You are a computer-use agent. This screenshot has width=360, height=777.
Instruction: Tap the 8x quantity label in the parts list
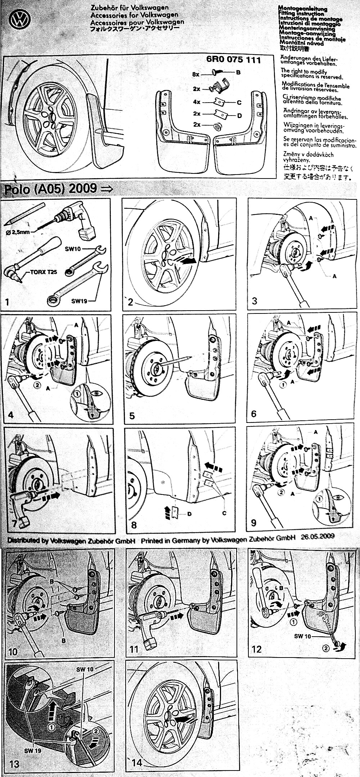[196, 74]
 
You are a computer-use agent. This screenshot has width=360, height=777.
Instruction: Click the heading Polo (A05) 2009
[50, 189]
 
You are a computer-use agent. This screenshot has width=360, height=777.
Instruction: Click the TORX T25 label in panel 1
[43, 272]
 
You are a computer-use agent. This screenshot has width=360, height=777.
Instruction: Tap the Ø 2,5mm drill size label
[18, 232]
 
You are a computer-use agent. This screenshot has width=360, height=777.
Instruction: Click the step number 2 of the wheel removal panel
[131, 302]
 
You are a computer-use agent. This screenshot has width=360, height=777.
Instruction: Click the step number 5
[132, 416]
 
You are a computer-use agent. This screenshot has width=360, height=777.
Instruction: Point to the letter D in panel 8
[189, 514]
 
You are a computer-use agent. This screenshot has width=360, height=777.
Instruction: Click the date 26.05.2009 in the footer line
[318, 536]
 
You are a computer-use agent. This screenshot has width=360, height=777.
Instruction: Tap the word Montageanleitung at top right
[303, 8]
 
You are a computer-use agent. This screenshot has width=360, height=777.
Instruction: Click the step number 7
[15, 523]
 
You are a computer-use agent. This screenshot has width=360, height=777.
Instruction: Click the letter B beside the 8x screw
[238, 72]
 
